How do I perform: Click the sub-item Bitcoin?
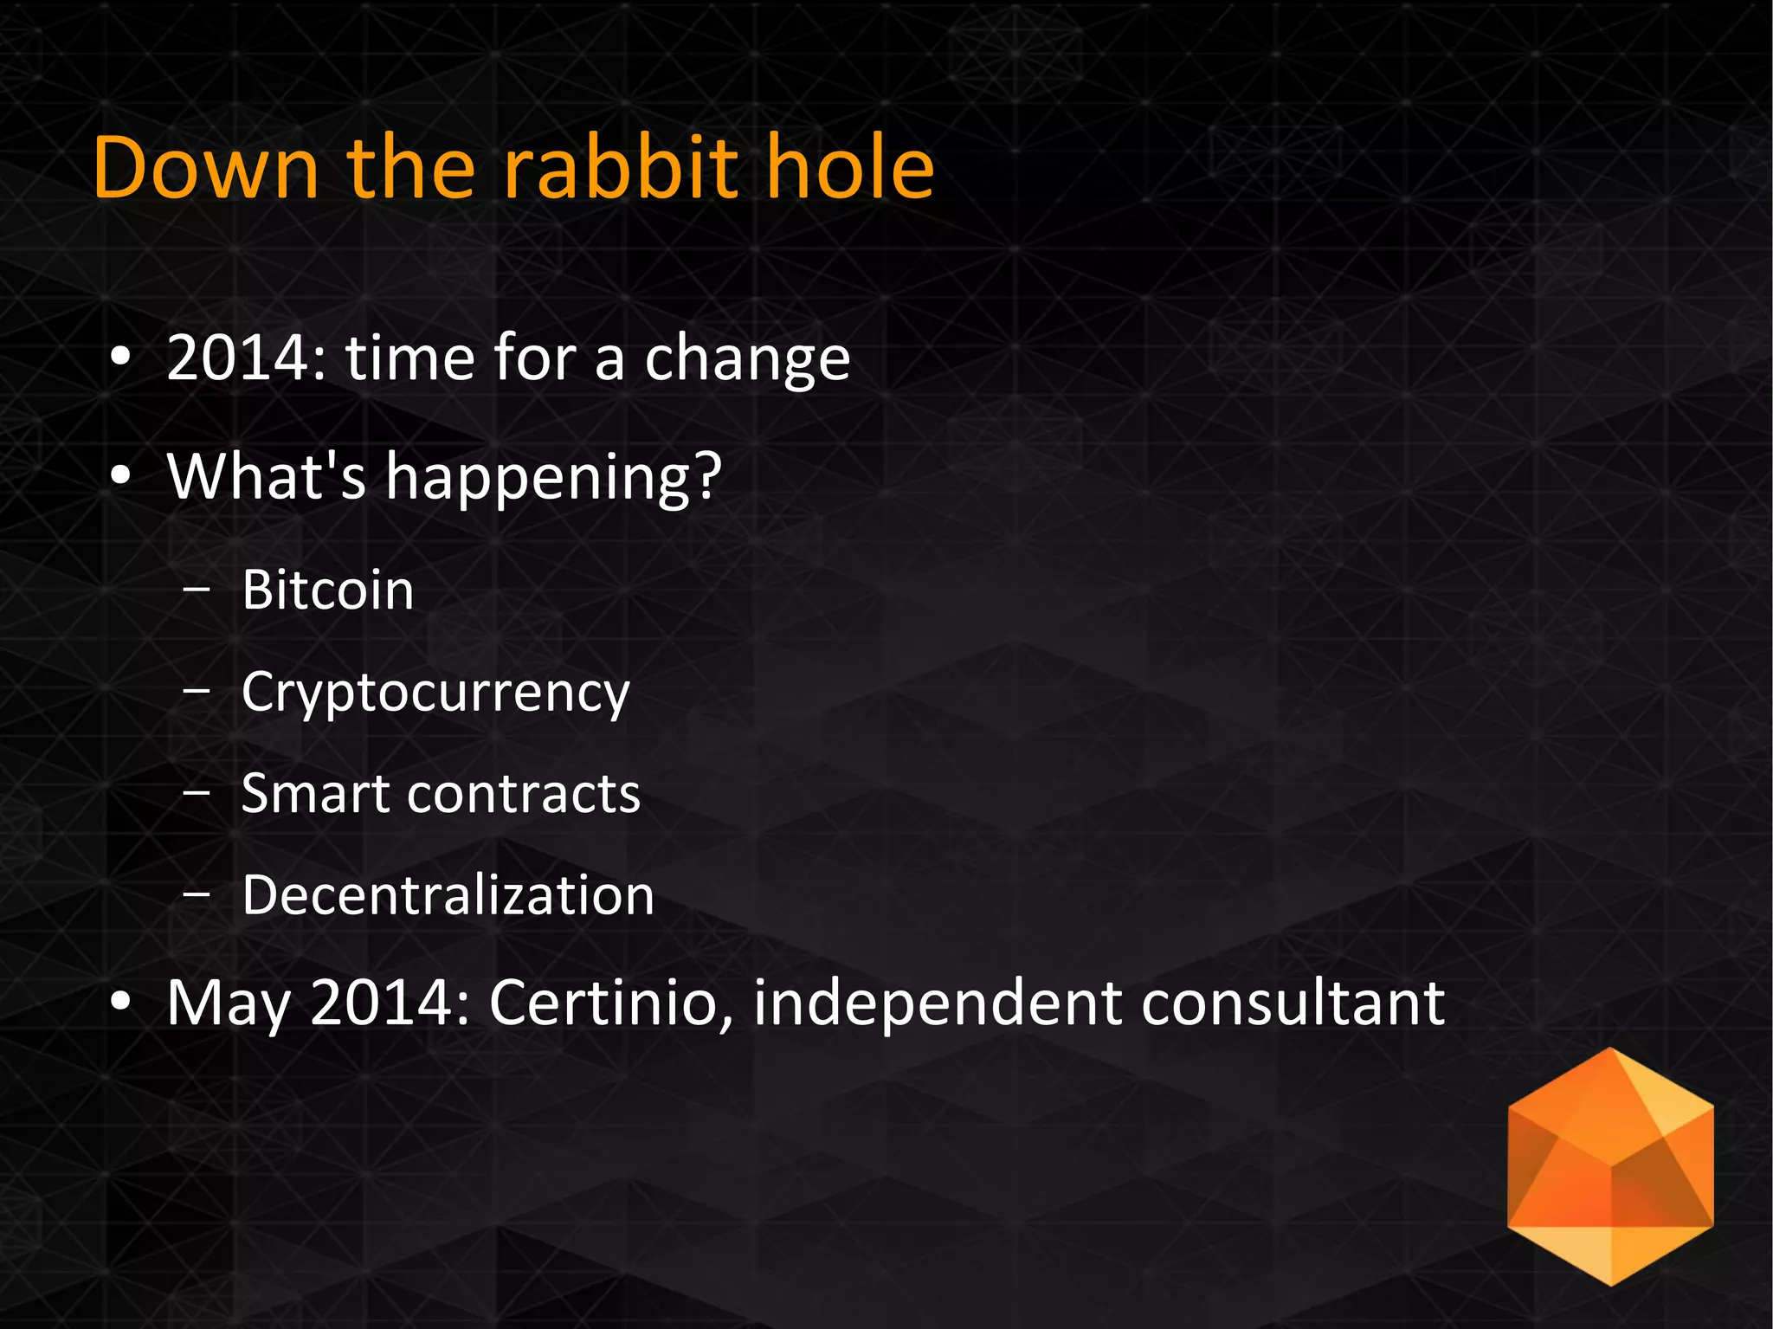[x=328, y=590]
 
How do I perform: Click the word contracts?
[x=524, y=794]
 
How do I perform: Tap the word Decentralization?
[x=448, y=895]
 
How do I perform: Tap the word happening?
[x=553, y=478]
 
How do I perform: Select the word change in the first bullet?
[x=748, y=360]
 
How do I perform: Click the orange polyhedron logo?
[x=1610, y=1166]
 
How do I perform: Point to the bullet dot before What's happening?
[x=121, y=475]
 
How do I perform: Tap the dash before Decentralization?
[x=197, y=895]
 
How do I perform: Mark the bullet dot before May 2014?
[x=121, y=1002]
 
